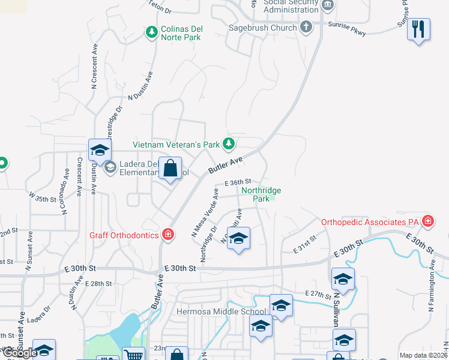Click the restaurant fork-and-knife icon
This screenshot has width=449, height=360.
pos(418,29)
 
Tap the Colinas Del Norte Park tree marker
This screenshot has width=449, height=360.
pos(152,31)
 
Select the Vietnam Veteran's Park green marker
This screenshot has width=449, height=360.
pos(228,143)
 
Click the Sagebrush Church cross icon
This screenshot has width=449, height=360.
pos(306,27)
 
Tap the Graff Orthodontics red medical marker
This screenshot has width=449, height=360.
pos(168,234)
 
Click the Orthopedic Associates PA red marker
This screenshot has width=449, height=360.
pos(427,221)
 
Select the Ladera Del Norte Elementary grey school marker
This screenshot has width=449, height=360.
pos(110,167)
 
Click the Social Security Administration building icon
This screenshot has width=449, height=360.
pos(327,6)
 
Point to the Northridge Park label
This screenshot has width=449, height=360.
pos(261,194)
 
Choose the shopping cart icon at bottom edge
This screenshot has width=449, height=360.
pos(133,354)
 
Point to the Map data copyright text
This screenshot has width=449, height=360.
pos(423,355)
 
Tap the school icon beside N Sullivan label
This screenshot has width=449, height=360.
pos(343,280)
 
